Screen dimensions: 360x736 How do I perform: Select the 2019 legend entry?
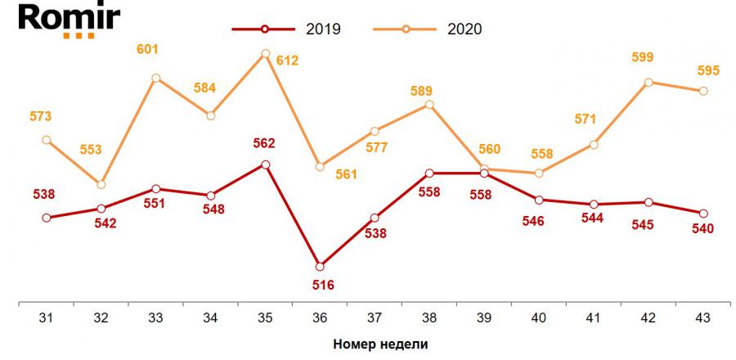tap(286, 29)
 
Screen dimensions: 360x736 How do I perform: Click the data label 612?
tap(287, 60)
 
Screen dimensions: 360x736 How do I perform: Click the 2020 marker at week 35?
tap(265, 54)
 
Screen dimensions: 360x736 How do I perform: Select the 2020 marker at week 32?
tap(101, 184)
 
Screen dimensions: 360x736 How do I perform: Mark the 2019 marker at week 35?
tap(265, 164)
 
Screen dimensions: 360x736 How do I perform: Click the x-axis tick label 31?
tap(46, 318)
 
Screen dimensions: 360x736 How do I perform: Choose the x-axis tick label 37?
tap(375, 318)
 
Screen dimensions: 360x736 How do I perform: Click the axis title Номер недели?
tap(380, 344)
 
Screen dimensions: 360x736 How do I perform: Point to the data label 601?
tap(147, 50)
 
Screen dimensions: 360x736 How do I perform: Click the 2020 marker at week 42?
tap(648, 82)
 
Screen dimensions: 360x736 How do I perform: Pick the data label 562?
tap(265, 143)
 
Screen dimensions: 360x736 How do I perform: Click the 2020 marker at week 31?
tap(46, 140)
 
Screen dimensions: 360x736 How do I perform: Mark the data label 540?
tap(703, 228)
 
